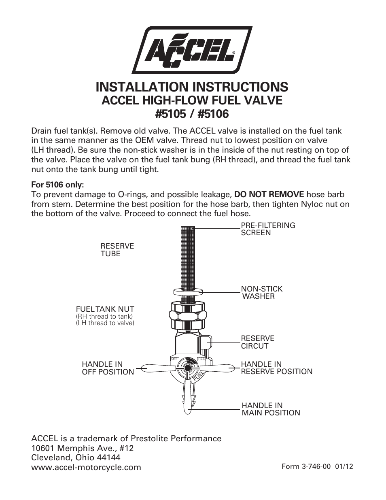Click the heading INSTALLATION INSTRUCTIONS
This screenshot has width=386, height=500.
point(192,87)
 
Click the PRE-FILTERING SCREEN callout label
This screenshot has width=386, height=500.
point(268,229)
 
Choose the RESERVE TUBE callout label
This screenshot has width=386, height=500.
point(117,250)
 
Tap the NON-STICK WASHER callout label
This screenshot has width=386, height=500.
point(262,292)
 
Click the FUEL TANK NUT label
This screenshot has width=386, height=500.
point(105,309)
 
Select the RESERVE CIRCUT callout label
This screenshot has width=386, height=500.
point(257,342)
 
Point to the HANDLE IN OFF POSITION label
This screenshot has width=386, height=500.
point(108,368)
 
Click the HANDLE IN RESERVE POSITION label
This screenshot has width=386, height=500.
point(276,368)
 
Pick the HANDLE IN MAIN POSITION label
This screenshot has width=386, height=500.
point(271,409)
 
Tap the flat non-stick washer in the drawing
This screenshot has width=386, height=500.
point(188,291)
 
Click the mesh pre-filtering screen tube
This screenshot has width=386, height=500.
point(188,255)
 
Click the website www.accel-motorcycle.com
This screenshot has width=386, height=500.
point(86,467)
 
